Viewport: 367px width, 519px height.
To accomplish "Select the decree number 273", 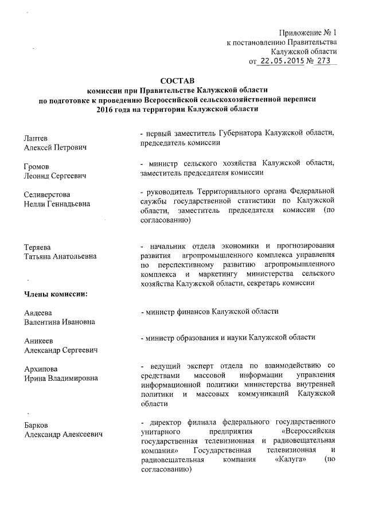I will [x=325, y=61].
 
